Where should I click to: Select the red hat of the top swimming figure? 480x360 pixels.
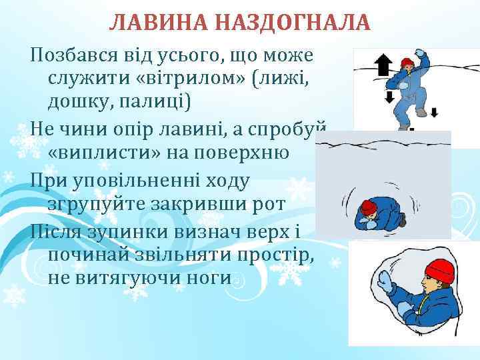point(407,63)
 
